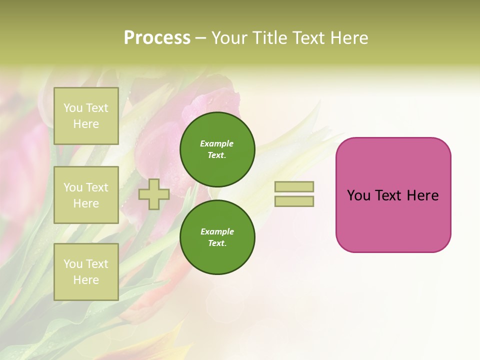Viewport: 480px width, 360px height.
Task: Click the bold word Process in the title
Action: (157, 38)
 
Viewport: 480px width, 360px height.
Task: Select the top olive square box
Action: (86, 116)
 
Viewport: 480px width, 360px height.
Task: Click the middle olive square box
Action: (86, 195)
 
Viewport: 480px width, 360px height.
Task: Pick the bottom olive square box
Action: (86, 271)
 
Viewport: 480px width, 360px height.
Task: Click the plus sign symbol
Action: (154, 194)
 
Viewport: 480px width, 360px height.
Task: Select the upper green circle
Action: (217, 149)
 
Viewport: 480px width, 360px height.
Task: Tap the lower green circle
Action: (217, 237)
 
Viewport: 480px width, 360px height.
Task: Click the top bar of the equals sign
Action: (294, 186)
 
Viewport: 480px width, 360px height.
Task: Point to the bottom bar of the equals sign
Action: (294, 201)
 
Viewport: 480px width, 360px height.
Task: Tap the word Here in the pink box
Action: (423, 195)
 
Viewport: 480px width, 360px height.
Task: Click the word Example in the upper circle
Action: (217, 144)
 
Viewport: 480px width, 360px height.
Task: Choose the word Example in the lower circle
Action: (217, 232)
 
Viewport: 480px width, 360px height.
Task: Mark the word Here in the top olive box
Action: (86, 124)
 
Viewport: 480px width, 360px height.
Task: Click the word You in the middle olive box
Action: (73, 187)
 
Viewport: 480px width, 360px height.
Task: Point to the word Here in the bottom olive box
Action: (86, 280)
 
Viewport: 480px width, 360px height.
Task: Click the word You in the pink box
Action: (358, 195)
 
